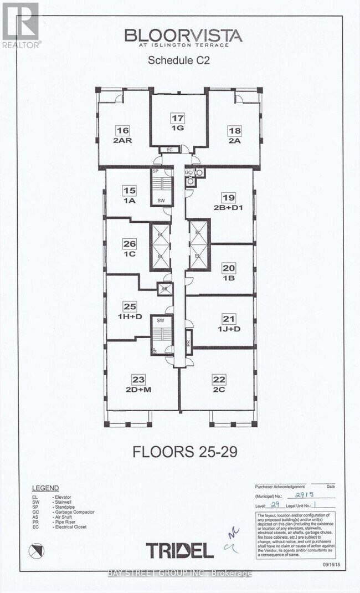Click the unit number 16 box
pyautogui.click(x=122, y=131)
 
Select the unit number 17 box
pyautogui.click(x=177, y=118)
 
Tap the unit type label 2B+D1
pyautogui.click(x=228, y=207)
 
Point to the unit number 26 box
pyautogui.click(x=130, y=243)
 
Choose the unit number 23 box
pyautogui.click(x=138, y=379)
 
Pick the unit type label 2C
pyautogui.click(x=219, y=388)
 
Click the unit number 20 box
pyautogui.click(x=228, y=268)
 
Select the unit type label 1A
pyautogui.click(x=130, y=201)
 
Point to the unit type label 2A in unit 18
pyautogui.click(x=234, y=140)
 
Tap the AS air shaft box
pyautogui.click(x=164, y=288)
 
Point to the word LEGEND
pyautogui.click(x=45, y=488)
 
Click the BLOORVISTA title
pyautogui.click(x=183, y=36)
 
